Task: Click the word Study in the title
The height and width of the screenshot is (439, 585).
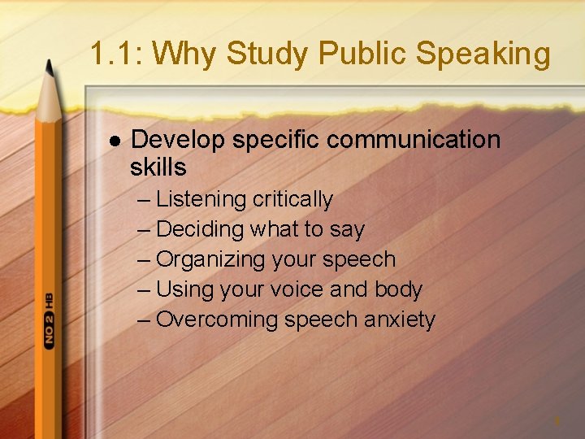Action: coord(269,54)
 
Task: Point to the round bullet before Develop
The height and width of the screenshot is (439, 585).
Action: coord(114,141)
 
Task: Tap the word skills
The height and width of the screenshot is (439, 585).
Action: coord(158,167)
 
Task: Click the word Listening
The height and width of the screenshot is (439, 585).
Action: coord(201,199)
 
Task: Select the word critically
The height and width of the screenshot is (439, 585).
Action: coord(292,199)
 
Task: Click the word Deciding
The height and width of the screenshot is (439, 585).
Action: coord(200,229)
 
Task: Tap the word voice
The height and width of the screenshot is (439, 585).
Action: coord(309,289)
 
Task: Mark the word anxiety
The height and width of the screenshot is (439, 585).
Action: coord(400,319)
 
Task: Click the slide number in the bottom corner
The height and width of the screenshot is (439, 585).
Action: coord(557,421)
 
